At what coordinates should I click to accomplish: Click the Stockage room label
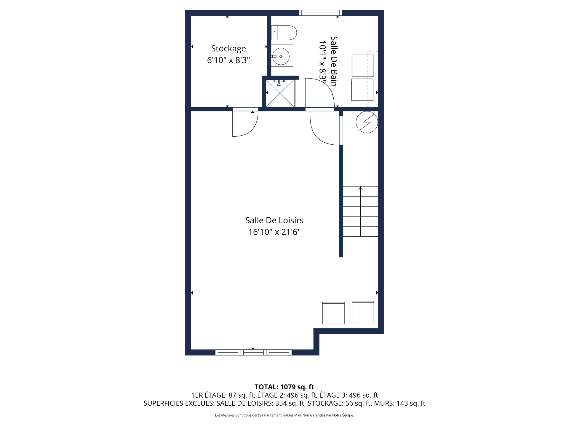pos(228,48)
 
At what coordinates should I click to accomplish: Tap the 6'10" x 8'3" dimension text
pos(228,60)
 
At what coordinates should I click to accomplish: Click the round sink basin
pos(281,56)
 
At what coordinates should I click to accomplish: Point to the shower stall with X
pos(280,93)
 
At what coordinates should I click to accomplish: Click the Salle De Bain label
pos(334,61)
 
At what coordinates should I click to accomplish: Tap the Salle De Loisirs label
pos(274,220)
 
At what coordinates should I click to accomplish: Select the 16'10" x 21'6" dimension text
pos(274,232)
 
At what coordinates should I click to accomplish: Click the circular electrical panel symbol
pos(367,122)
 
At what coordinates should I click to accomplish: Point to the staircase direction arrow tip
pos(360,188)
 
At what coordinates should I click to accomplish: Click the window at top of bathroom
pos(320,13)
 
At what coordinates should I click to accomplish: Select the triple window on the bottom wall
pos(253,352)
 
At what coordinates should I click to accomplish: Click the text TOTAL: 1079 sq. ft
pos(284,387)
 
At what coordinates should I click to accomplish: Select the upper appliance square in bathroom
pos(362,66)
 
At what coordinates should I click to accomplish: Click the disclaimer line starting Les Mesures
pos(284,415)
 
